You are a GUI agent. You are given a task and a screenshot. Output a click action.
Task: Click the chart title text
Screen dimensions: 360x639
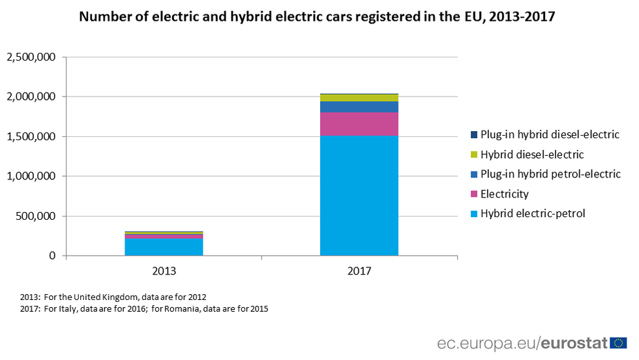tap(317, 17)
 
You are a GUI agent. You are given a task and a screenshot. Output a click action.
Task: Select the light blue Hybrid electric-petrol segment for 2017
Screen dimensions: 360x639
tap(359, 196)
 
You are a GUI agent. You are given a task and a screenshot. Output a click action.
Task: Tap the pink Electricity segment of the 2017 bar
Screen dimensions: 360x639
tap(359, 124)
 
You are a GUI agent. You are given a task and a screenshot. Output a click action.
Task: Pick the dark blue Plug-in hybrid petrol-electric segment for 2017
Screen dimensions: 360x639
tap(359, 107)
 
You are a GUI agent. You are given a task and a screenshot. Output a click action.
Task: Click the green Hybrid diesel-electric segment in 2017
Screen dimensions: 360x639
tap(359, 98)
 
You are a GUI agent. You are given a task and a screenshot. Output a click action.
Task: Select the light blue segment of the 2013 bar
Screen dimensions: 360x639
tap(164, 247)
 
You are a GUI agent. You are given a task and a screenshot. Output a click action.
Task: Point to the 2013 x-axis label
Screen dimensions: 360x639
tap(164, 269)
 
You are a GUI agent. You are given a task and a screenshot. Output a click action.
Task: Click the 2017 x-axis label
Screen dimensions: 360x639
tap(359, 269)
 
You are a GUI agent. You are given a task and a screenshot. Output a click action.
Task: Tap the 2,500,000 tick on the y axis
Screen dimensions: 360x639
tap(31, 57)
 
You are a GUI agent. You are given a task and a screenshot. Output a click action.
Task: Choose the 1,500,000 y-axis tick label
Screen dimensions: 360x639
tap(31, 137)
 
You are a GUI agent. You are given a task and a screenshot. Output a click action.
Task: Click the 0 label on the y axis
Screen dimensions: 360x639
tap(52, 256)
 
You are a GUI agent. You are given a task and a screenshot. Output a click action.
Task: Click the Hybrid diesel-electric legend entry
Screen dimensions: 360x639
tap(531, 155)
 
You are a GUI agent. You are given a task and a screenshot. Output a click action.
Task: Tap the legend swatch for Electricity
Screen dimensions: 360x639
tap(473, 194)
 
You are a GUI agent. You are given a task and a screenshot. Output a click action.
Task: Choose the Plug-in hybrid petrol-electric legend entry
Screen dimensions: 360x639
tap(550, 175)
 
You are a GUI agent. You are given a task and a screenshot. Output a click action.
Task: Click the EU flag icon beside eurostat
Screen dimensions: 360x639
tap(618, 343)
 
